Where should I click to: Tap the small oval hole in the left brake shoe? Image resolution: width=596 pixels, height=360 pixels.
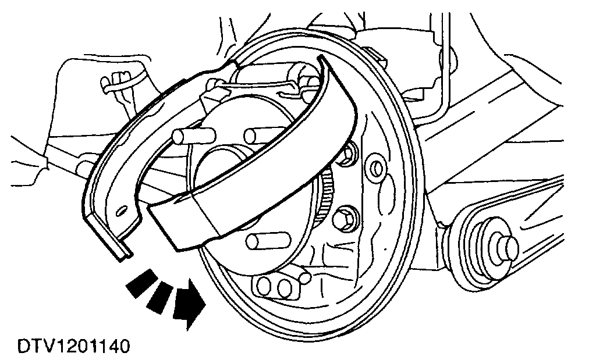pyautogui.click(x=123, y=208)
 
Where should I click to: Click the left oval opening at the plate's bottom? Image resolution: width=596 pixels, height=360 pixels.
pyautogui.click(x=265, y=286)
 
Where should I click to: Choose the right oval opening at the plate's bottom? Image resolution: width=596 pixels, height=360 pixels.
pyautogui.click(x=285, y=287)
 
